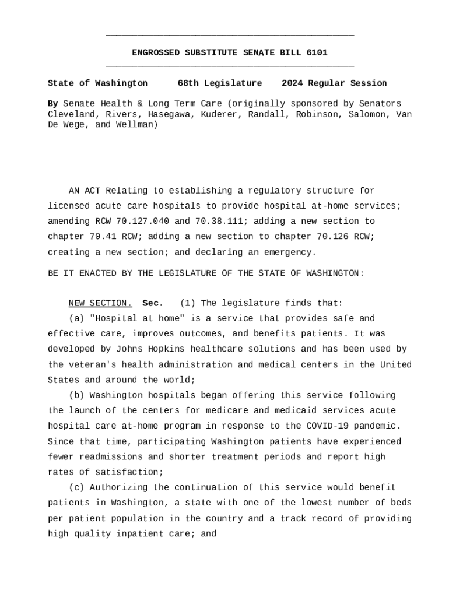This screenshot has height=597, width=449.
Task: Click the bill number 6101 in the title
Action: coord(317,53)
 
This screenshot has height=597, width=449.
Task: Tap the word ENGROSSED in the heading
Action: coord(156,53)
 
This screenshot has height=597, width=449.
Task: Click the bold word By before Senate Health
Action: coord(52,104)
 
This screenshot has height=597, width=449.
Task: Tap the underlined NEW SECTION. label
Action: coord(100,303)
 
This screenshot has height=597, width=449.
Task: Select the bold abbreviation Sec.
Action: coord(153,303)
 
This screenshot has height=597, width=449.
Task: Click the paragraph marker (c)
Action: coord(76,487)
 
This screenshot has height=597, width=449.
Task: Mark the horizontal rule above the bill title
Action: coord(230,36)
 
